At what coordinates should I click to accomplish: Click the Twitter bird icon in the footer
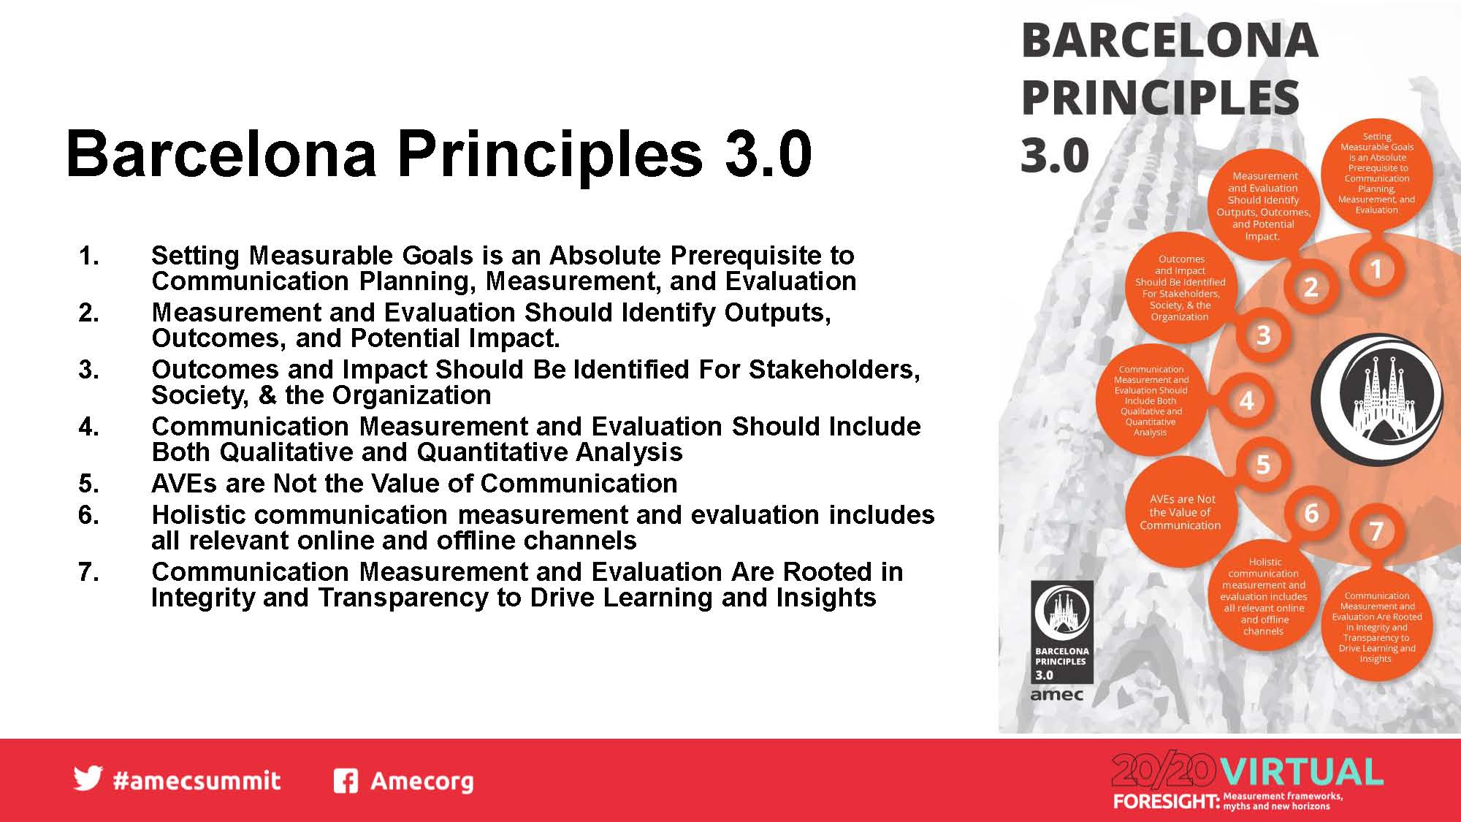point(88,779)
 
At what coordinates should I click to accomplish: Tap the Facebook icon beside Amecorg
point(346,781)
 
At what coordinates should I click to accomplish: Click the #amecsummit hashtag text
point(197,780)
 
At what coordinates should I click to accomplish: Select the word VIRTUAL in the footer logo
point(1301,772)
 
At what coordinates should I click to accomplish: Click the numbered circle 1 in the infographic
point(1376,270)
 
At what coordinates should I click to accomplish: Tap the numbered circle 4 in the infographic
point(1247,401)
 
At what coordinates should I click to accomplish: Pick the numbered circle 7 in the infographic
point(1376,531)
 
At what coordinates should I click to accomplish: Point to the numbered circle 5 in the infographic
point(1263,465)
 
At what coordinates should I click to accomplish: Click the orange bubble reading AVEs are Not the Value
point(1180,511)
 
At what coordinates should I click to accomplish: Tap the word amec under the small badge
point(1056,695)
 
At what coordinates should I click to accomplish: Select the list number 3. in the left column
point(89,370)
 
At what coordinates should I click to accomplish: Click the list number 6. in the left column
point(89,515)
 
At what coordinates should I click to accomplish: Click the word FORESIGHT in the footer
point(1166,802)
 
